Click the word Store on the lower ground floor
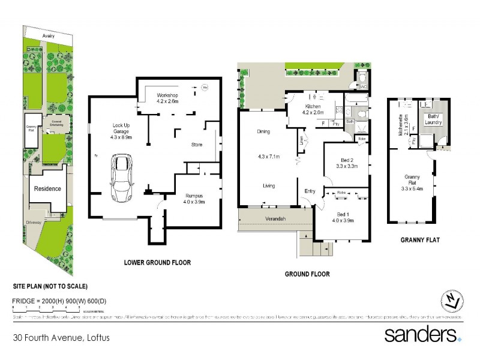click(x=197, y=144)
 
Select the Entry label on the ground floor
click(x=310, y=191)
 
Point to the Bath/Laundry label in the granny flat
click(x=433, y=119)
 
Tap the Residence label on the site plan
click(x=47, y=188)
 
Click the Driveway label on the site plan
click(x=34, y=221)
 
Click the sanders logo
click(x=423, y=334)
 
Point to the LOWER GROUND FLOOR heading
click(x=157, y=262)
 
